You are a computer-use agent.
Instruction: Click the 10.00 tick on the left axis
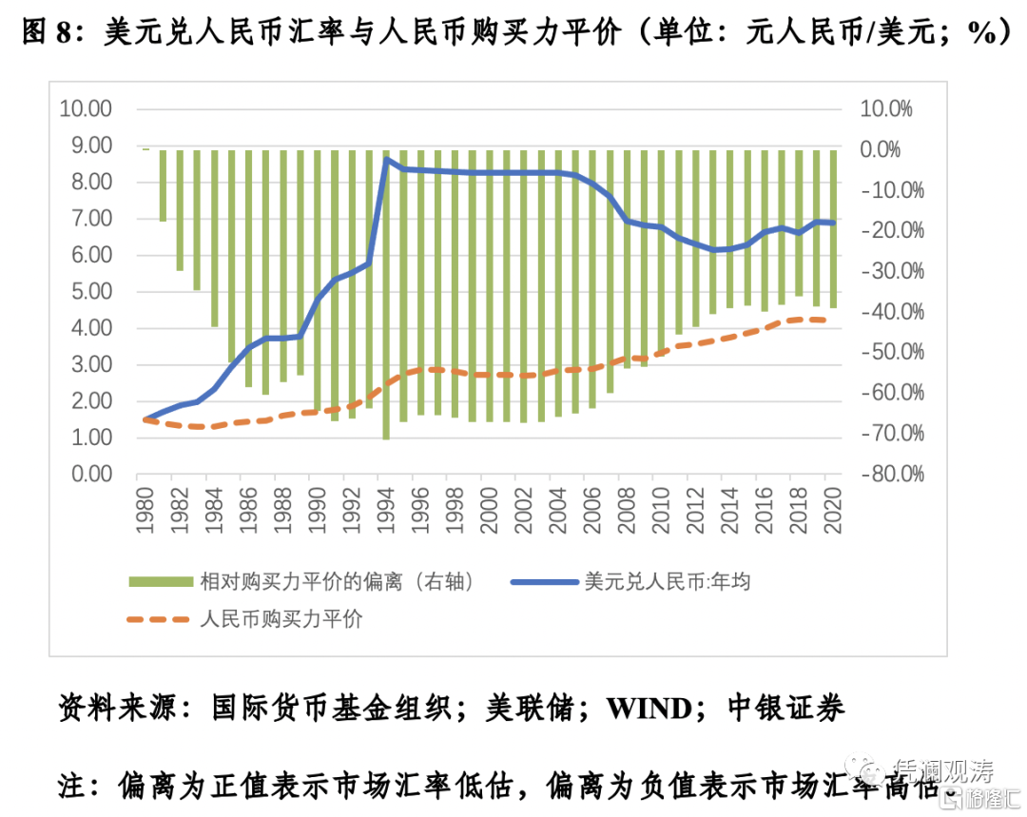(86, 108)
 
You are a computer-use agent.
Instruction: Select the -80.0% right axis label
(891, 474)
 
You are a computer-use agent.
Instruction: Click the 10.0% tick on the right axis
(885, 108)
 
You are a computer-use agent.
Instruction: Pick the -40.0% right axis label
(891, 312)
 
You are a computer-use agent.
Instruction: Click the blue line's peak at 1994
(386, 159)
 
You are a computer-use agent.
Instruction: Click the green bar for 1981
(163, 185)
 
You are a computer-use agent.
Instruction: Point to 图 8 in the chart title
(47, 34)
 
